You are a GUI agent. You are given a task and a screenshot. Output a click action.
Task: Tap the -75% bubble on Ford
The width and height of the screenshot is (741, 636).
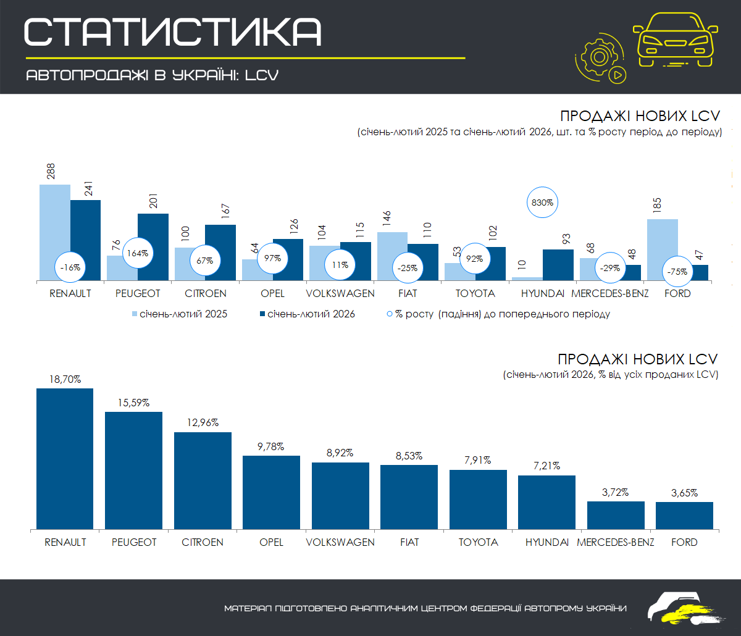click(x=677, y=270)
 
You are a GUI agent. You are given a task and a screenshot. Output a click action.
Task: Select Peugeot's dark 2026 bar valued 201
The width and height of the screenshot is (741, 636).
click(x=153, y=247)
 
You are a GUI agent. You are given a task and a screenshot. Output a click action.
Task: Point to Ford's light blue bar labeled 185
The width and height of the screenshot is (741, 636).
click(x=663, y=247)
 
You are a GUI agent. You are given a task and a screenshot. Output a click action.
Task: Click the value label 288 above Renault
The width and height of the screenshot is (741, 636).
click(x=51, y=171)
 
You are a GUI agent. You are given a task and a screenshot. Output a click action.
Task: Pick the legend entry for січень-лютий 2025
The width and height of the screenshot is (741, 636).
click(x=180, y=314)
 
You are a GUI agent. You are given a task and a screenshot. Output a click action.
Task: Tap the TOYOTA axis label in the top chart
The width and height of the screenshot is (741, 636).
click(x=475, y=293)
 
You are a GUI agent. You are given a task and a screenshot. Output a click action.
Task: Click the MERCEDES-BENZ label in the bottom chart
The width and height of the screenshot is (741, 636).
click(x=616, y=542)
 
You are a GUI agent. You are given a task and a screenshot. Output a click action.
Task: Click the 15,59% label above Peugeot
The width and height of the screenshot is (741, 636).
click(x=133, y=402)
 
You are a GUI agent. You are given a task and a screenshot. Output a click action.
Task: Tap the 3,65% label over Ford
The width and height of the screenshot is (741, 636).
click(x=684, y=493)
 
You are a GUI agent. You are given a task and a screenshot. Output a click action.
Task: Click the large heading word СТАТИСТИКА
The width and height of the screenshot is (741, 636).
click(x=173, y=31)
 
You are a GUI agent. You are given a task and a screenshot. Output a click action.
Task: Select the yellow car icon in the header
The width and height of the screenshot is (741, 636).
click(x=676, y=38)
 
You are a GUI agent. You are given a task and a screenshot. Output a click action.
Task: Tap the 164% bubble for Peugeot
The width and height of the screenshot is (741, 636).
click(x=138, y=253)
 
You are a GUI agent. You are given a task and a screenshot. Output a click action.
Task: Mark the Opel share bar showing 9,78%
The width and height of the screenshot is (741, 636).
click(x=271, y=492)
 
